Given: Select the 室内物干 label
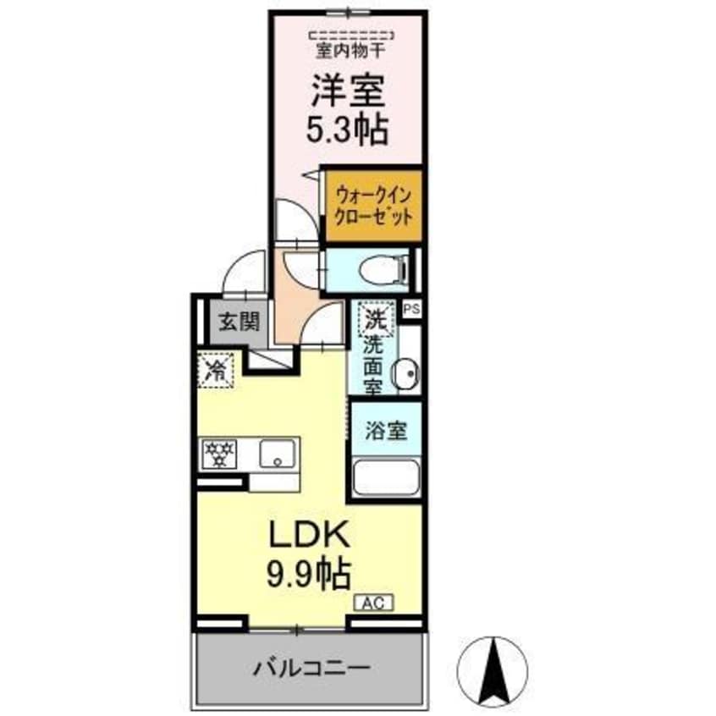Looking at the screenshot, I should click(x=350, y=52).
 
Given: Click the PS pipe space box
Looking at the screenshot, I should click(x=411, y=310).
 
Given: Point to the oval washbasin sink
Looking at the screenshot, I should click(x=408, y=373).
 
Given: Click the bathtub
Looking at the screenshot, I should click(x=386, y=480).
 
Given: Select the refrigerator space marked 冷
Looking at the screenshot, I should click(x=217, y=369).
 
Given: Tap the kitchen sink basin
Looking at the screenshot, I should click(x=277, y=454).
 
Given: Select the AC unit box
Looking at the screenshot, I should click(x=373, y=603).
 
